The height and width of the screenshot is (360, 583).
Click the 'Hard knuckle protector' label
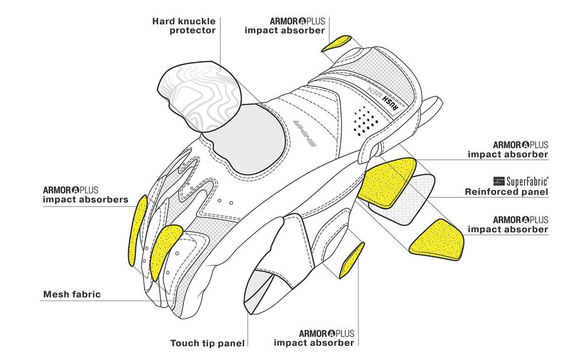coord(184,26)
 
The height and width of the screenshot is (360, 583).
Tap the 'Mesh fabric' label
coord(72,294)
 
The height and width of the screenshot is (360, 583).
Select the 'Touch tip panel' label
coord(208,343)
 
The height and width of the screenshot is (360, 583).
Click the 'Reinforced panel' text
coord(507,192)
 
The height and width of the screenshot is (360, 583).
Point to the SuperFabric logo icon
coord(498,181)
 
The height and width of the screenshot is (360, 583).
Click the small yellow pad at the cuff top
coord(336,44)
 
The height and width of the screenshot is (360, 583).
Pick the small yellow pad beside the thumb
coord(352,260)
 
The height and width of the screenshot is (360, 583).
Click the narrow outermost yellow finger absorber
coord(138,230)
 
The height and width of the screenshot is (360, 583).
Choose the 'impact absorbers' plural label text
coord(86,199)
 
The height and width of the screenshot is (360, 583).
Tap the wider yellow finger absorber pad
coord(164,251)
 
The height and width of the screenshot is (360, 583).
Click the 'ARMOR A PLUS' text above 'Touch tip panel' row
coord(326,333)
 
